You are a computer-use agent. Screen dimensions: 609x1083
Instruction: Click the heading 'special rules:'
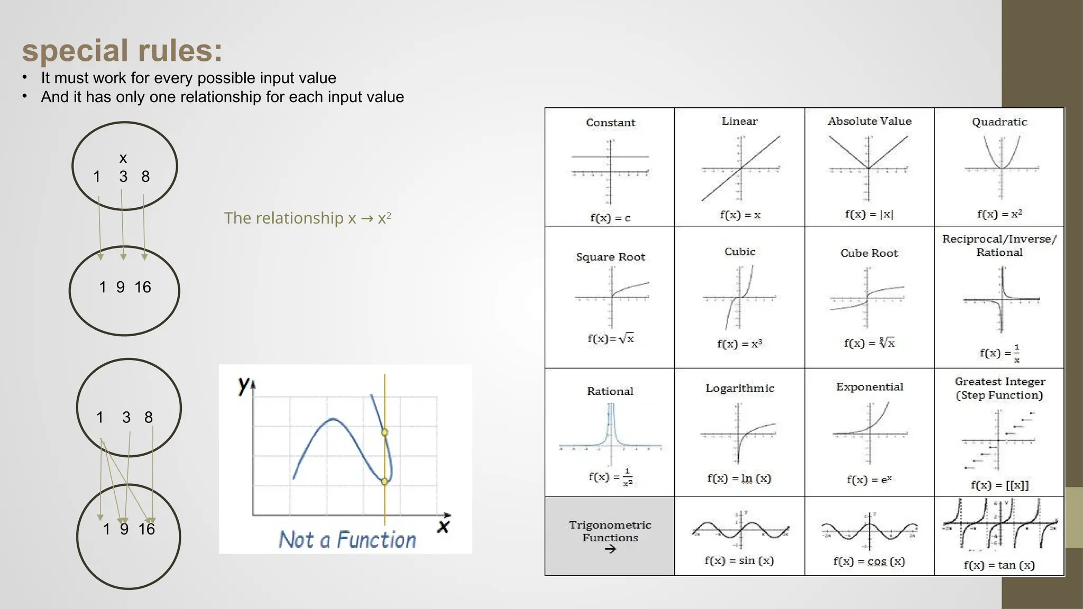122,51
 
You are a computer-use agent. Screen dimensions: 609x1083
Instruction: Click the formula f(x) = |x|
869,214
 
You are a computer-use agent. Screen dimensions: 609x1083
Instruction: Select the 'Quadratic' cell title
999,122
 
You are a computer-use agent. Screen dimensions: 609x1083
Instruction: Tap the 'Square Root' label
610,257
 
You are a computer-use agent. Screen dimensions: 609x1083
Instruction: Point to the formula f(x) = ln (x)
739,478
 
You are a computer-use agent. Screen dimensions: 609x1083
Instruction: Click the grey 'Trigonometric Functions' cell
610,536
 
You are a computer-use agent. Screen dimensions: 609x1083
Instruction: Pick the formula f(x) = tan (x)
998,565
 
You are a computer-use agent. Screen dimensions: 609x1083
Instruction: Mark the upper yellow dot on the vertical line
384,432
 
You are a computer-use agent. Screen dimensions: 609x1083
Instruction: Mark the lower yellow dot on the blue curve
384,481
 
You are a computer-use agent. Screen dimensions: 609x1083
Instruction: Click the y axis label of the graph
244,384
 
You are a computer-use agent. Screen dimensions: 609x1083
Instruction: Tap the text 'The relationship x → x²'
307,218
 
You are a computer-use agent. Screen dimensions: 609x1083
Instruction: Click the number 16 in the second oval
142,287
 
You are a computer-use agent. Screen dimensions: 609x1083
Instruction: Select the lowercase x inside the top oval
123,158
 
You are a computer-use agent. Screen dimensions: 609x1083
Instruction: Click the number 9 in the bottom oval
124,529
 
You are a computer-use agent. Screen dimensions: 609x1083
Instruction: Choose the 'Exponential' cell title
869,387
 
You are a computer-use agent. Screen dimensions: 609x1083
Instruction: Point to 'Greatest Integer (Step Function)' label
999,388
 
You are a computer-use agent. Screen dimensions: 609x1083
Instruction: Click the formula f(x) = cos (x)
869,561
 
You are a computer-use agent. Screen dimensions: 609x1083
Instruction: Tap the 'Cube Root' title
869,253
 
